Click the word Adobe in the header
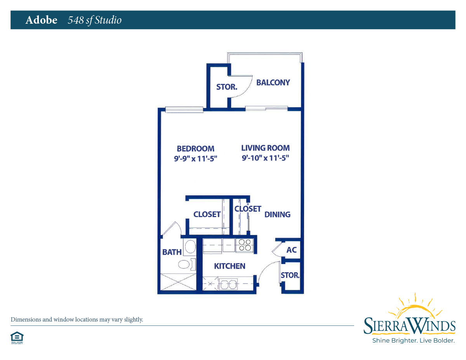(42, 20)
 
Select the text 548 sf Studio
(95, 20)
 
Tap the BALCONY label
(273, 83)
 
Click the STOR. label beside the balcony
(227, 87)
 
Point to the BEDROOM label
(195, 149)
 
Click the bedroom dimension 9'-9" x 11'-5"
(195, 159)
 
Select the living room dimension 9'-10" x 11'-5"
(266, 158)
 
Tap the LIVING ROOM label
(266, 148)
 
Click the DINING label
(277, 214)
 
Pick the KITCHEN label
(230, 266)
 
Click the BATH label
(172, 252)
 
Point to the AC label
(291, 250)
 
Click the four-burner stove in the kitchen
(245, 245)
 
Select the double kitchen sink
(228, 284)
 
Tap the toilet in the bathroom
(187, 264)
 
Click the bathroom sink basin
(190, 247)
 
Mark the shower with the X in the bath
(178, 282)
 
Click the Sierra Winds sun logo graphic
(415, 306)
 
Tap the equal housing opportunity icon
(17, 338)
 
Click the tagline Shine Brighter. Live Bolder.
(414, 341)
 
